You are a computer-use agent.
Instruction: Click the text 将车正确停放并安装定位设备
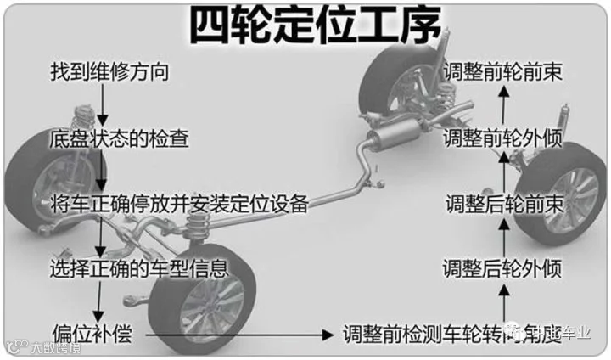tap(178, 204)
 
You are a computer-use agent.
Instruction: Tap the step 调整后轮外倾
tap(503, 269)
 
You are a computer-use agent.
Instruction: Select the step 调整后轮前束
tap(504, 204)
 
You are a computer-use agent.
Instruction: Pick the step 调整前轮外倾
tap(503, 138)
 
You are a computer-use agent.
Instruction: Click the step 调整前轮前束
tap(503, 71)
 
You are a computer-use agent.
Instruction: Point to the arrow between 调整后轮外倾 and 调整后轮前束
tap(504, 237)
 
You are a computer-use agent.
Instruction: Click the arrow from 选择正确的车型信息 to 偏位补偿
tap(101, 301)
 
